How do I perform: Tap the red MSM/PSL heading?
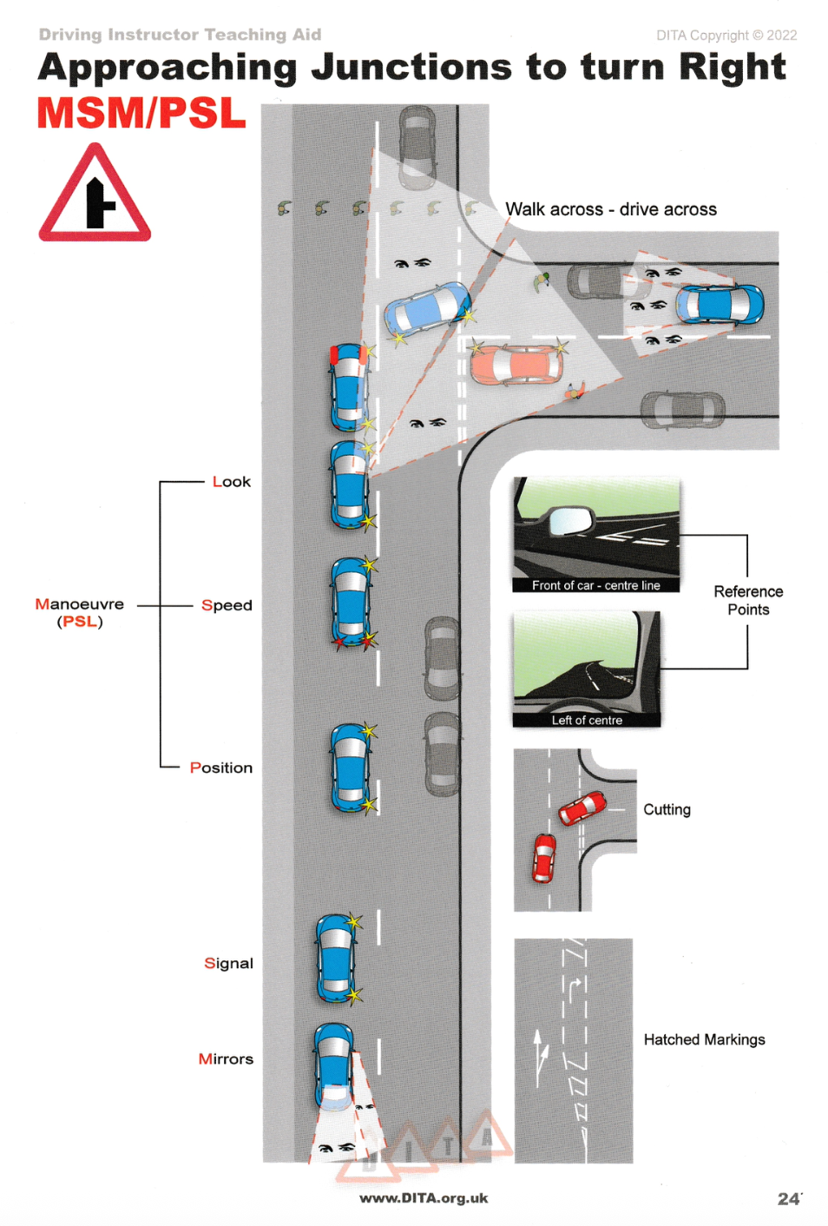coord(141,114)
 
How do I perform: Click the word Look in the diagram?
coord(231,482)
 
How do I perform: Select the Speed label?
coord(227,605)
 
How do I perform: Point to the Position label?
coord(221,768)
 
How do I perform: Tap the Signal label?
coord(228,963)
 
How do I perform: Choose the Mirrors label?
coord(226,1058)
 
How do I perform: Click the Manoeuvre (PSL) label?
coord(80,612)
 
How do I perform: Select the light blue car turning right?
coord(427,308)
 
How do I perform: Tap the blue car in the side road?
coord(720,304)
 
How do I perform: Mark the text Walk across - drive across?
coord(611,209)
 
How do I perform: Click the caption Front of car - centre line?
coord(595,585)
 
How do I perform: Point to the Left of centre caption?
coord(587,720)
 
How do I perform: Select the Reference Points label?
coord(748,600)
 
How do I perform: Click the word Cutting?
coord(667,809)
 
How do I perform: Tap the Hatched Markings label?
coord(704,1039)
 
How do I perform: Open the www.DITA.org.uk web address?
coord(424,1198)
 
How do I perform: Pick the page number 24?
coord(788,1199)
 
